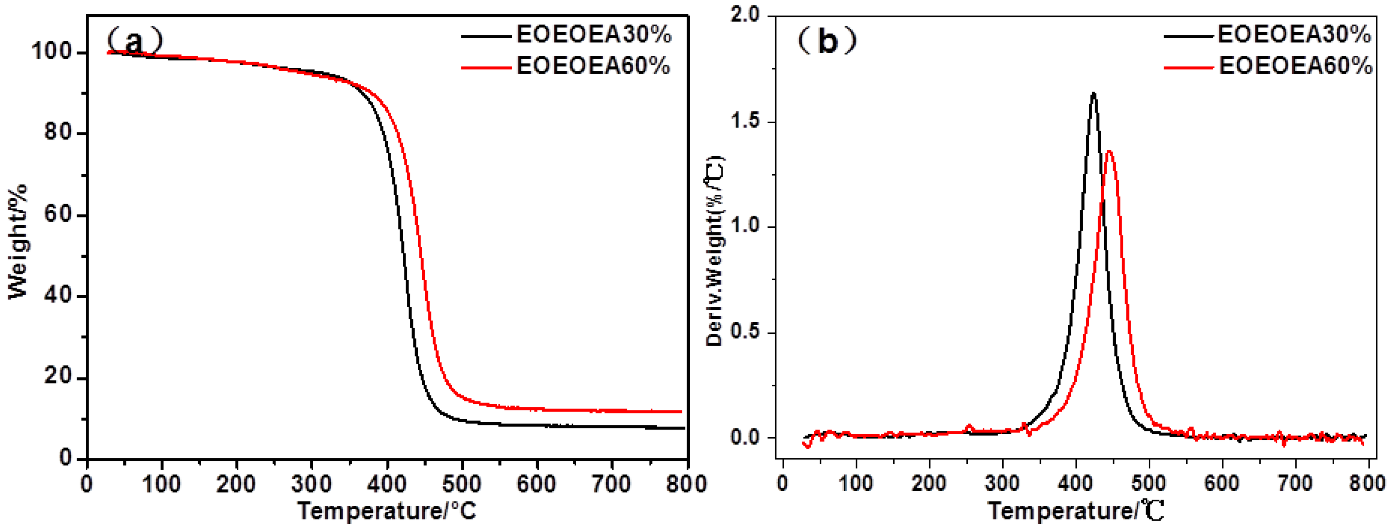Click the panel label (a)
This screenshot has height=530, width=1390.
tap(134, 40)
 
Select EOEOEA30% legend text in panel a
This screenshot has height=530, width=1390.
tap(594, 35)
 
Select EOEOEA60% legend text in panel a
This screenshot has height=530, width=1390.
tap(594, 66)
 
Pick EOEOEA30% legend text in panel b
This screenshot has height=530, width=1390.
tap(1294, 35)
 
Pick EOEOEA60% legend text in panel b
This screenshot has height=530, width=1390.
tap(1295, 66)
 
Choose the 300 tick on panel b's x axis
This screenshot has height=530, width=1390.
tap(1002, 483)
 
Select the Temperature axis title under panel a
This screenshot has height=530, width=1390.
tap(387, 510)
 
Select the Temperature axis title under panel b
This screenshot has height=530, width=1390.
tap(1076, 510)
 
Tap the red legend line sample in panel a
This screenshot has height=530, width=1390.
tap(486, 67)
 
